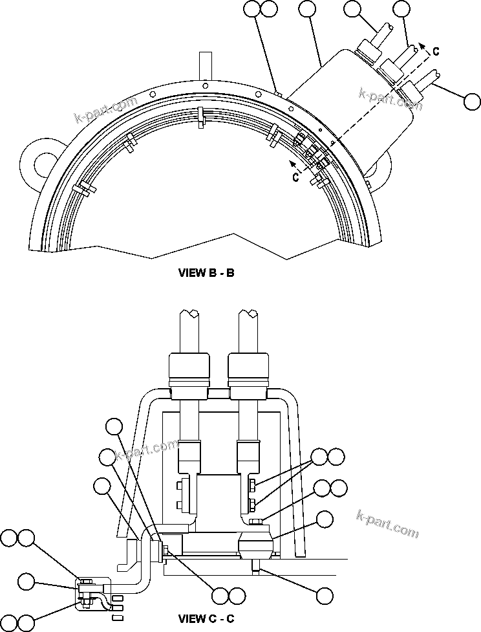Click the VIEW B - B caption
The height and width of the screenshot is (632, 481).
tap(206, 273)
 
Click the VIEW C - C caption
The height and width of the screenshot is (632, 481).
tap(206, 618)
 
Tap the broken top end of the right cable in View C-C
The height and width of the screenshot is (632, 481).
tap(248, 315)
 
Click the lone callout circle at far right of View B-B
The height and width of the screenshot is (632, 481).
tap(472, 101)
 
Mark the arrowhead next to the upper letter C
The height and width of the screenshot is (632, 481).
tap(422, 45)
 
